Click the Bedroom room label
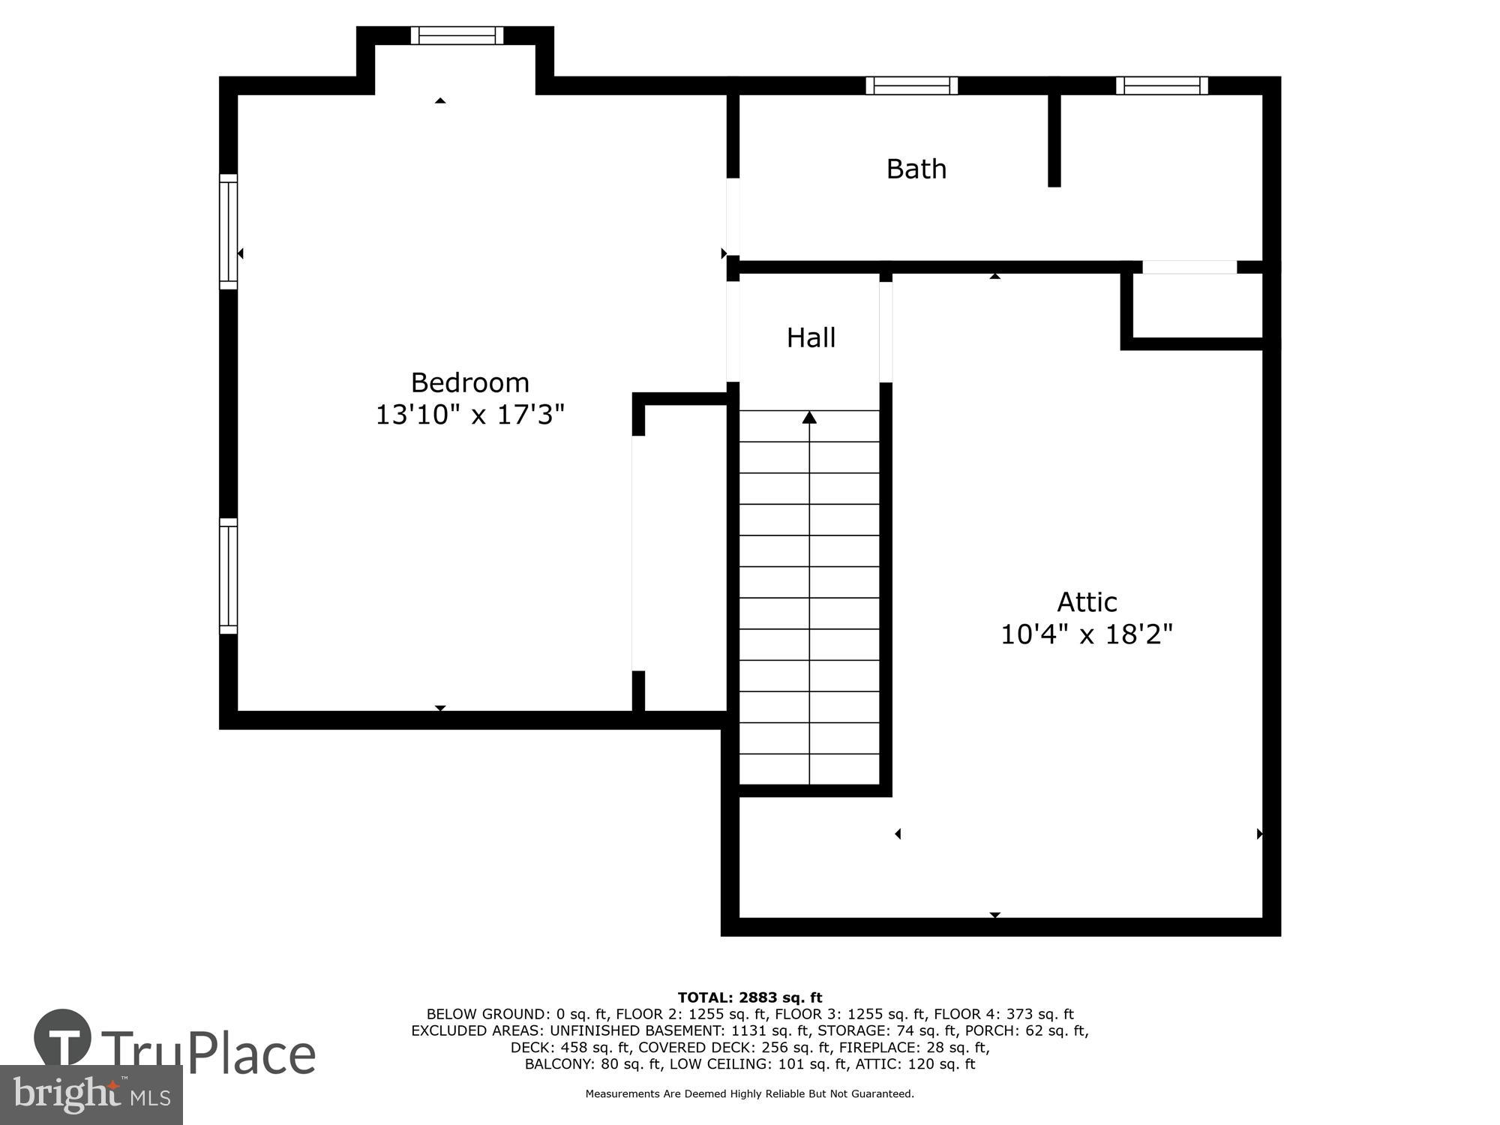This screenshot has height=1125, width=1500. pos(470,383)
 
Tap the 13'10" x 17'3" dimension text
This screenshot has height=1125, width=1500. pos(470,415)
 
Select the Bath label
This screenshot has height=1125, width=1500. pos(916,169)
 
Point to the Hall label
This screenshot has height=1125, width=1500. pos(811,338)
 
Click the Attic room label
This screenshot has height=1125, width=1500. pos(1087,602)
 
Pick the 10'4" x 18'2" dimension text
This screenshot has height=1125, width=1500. pos(1087,635)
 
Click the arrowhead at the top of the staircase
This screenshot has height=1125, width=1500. pos(809,418)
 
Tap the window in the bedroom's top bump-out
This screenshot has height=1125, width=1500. pos(457,35)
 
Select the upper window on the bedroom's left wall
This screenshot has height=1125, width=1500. pos(228,232)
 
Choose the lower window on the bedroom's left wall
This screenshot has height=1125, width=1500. pos(228,576)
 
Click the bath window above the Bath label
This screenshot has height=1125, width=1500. pos(912,85)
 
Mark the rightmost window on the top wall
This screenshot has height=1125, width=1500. pos(1162,85)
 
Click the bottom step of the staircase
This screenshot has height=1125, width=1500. pos(809,769)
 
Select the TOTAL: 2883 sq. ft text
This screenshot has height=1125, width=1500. pos(750,997)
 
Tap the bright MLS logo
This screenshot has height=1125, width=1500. pos(91,1095)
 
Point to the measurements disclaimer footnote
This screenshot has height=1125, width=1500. pos(750,1094)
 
